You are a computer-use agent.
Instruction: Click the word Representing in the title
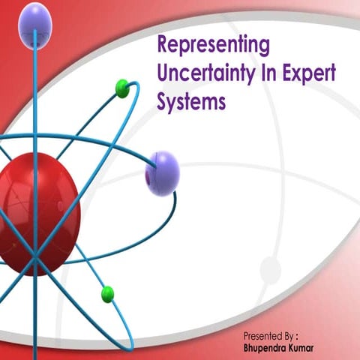(x=213, y=46)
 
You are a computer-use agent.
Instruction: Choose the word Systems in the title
(x=191, y=103)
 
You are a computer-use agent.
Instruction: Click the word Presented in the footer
(x=264, y=335)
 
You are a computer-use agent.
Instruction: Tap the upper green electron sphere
(x=123, y=88)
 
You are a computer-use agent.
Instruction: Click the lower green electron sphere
(x=107, y=293)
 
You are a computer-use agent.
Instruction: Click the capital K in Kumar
(x=304, y=348)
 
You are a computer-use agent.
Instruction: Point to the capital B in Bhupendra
(x=247, y=348)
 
